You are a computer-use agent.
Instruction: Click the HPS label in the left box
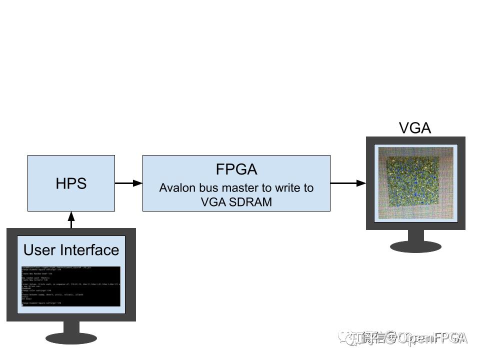click(x=71, y=183)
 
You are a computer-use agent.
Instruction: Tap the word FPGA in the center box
click(x=236, y=169)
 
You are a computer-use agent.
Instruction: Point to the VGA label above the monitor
click(x=415, y=128)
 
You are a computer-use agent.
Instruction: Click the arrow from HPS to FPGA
click(x=128, y=183)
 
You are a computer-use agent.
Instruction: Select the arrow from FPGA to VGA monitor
click(x=348, y=183)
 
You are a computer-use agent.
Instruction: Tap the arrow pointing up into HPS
click(x=71, y=219)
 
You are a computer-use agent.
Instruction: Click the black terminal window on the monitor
click(x=70, y=286)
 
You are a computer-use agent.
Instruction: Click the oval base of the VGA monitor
click(x=415, y=246)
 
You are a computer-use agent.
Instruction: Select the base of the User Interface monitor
click(x=71, y=337)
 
